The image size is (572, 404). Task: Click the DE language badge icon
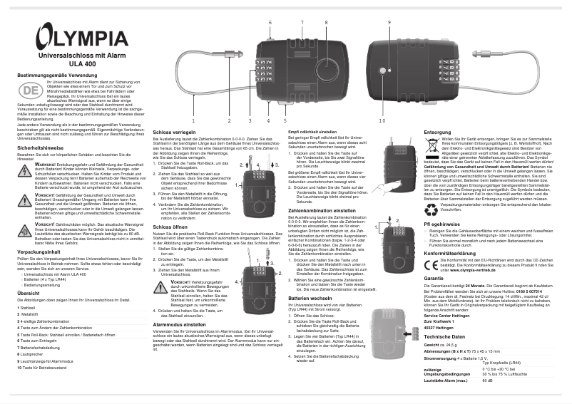29,90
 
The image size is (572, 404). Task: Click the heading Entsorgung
437,133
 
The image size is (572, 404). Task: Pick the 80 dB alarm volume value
488,380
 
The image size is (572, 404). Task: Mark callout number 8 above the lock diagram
326,23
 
